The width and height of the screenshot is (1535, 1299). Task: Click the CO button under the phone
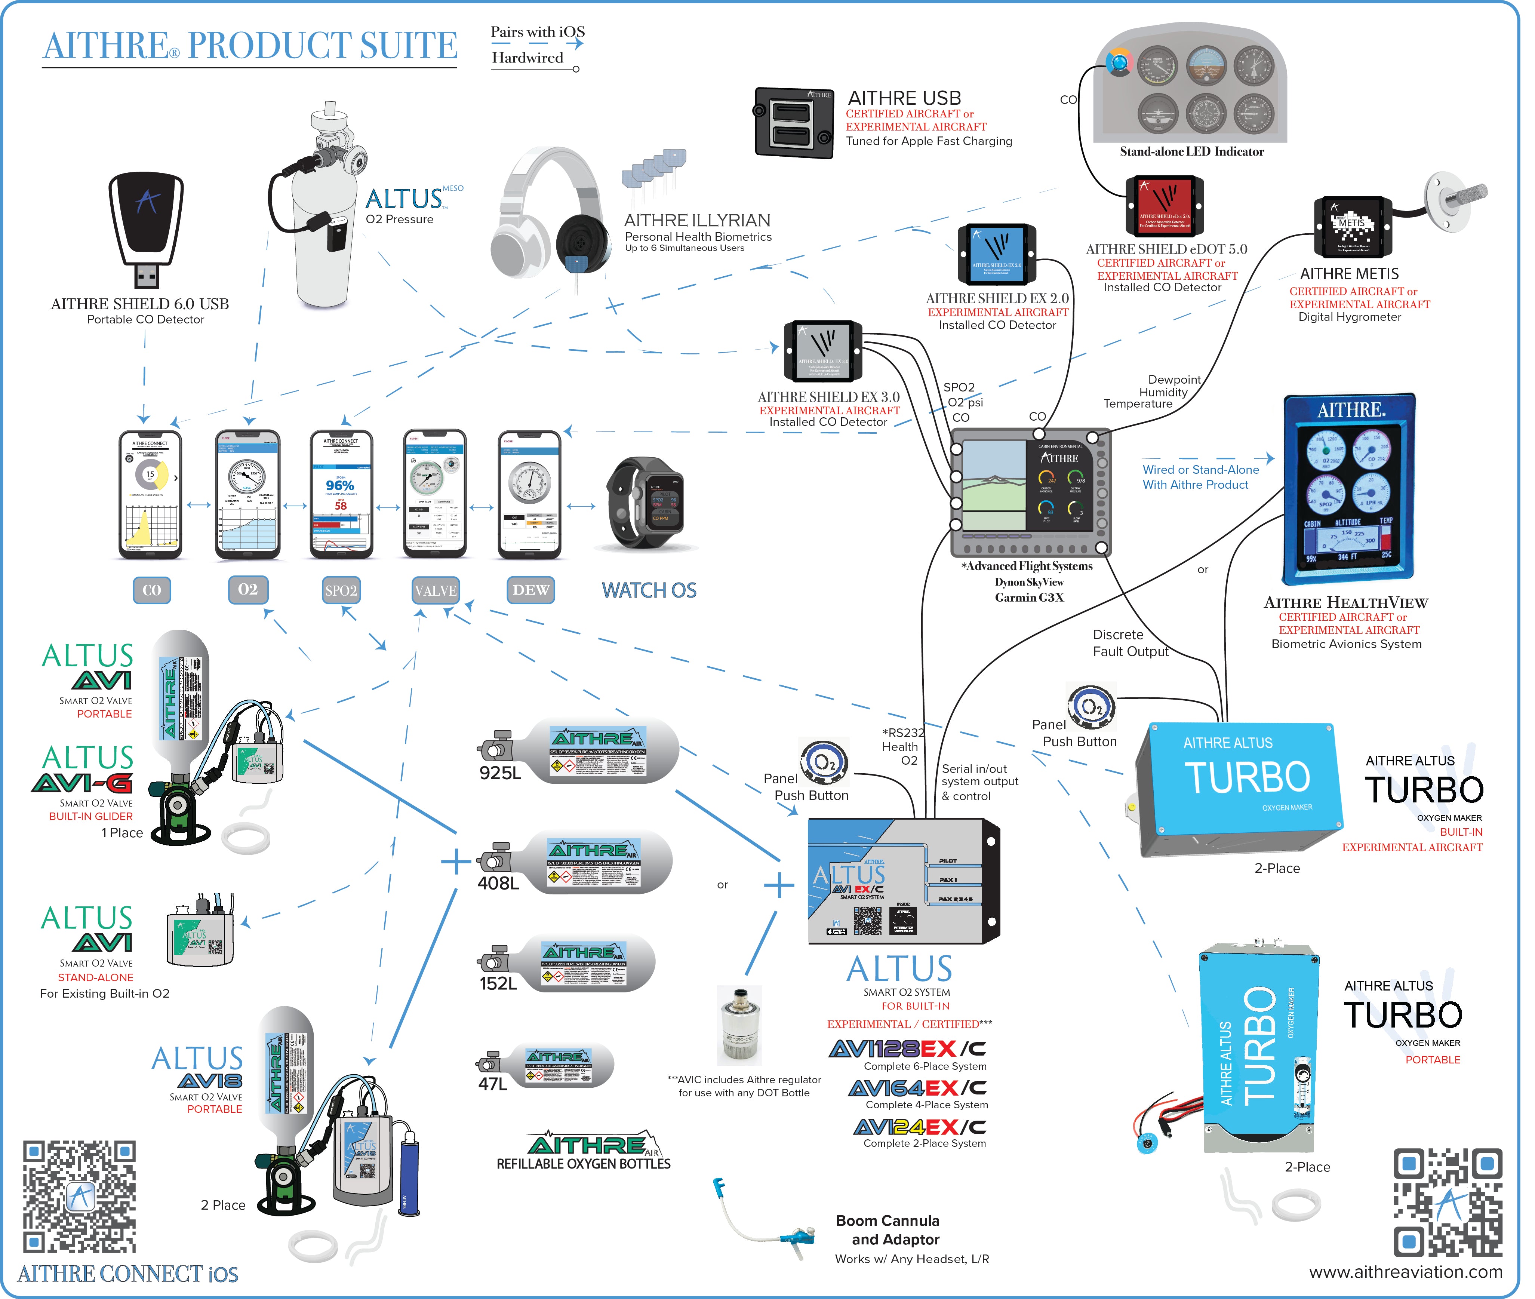click(x=152, y=590)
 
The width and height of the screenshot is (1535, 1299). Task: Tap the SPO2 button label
click(x=341, y=590)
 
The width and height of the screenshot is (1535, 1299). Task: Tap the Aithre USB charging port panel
click(x=794, y=123)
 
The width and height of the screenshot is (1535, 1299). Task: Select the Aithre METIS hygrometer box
click(x=1353, y=227)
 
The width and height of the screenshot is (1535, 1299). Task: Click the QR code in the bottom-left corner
click(x=80, y=1197)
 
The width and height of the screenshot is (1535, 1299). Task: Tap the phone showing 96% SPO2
click(x=341, y=494)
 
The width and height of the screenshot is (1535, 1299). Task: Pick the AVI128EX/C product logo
click(x=907, y=1048)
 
